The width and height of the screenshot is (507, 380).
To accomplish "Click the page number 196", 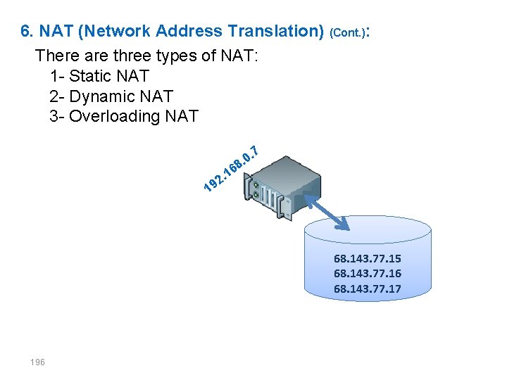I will coord(37,362).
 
